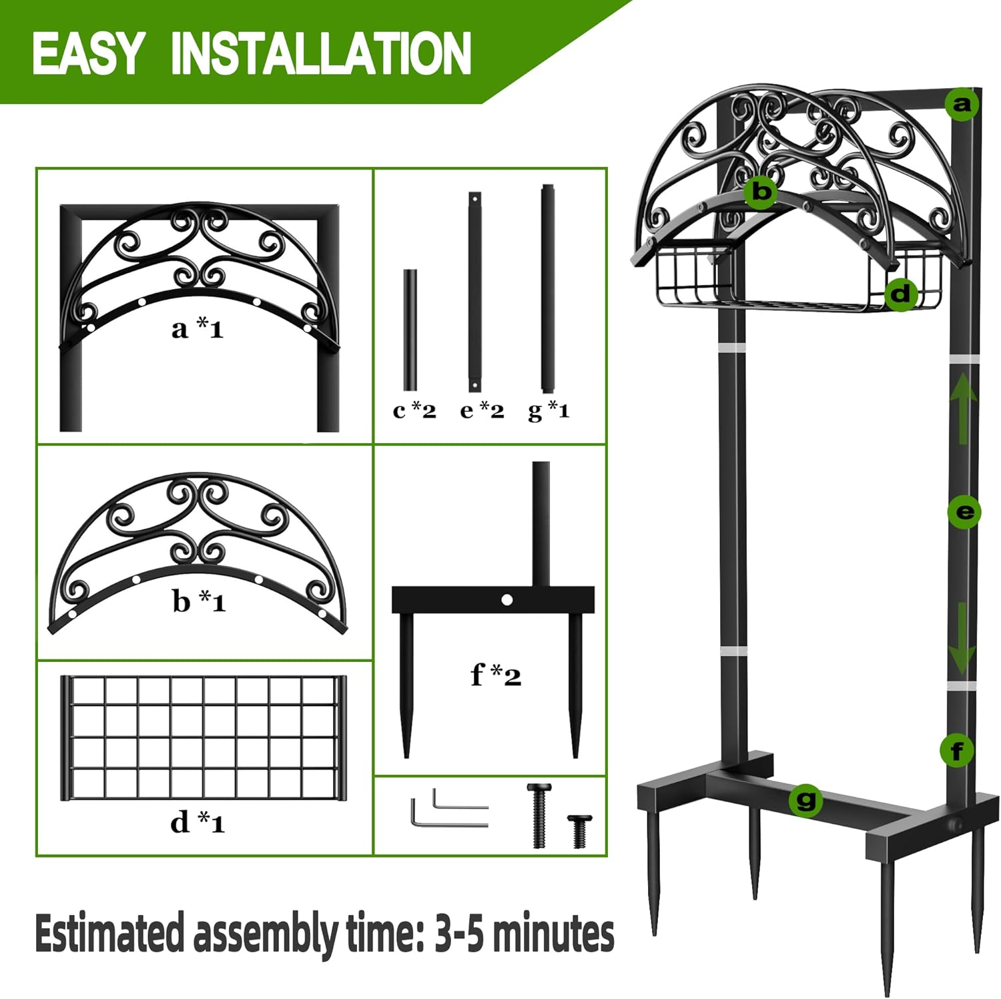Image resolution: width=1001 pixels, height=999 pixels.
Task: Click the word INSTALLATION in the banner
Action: pos(321,54)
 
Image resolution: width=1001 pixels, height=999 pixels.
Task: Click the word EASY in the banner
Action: pos(87,54)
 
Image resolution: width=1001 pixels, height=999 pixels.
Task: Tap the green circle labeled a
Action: pos(962,104)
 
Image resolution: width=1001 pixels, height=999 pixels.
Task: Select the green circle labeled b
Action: pos(761,192)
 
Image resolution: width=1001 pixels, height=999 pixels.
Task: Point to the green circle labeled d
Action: pos(900,294)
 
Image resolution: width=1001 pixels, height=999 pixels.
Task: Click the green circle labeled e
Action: pos(964,512)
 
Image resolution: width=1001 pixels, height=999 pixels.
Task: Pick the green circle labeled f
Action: pos(956,751)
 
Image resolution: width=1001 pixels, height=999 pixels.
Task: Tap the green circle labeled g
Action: pos(805,799)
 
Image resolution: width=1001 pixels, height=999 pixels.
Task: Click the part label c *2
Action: pos(414,410)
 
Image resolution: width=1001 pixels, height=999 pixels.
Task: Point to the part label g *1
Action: pos(549,410)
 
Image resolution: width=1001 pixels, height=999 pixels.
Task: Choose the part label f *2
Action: pos(495,675)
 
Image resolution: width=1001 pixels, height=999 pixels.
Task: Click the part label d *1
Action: pos(198,822)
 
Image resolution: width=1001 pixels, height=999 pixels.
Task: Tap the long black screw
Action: pos(539,815)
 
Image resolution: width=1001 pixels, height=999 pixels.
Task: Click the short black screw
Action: pos(579,830)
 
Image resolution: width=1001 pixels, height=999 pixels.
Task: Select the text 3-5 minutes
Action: pos(525,934)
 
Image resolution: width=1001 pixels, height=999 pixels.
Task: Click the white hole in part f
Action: pos(507,600)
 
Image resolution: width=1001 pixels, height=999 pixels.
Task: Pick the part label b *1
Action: pos(199,601)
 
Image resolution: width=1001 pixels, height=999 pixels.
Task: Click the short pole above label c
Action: pos(410,330)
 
